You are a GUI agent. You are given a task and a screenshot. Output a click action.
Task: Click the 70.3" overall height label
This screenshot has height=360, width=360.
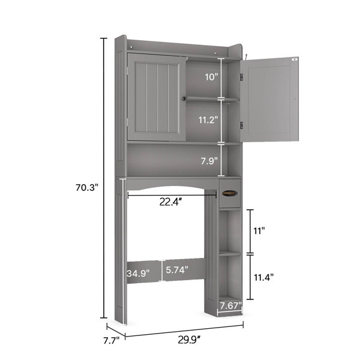[x=87, y=188]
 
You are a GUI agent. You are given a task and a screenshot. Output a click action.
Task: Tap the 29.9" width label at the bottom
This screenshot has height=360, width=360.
[x=190, y=340]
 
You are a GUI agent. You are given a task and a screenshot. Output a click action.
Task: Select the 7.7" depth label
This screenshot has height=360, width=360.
[x=111, y=340]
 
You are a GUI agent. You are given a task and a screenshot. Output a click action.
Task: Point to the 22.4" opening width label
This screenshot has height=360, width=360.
[x=171, y=202]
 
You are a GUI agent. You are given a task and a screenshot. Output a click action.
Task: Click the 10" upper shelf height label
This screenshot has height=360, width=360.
[x=211, y=77]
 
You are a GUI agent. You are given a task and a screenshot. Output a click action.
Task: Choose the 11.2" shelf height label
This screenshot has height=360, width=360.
[x=208, y=120]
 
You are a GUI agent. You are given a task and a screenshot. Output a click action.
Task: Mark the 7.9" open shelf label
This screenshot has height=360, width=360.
[x=209, y=161]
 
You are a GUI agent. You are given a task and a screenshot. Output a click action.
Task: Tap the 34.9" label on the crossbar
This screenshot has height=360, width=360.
[x=138, y=273]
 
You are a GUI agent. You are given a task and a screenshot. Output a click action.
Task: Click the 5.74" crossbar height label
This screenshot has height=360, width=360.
[x=177, y=270]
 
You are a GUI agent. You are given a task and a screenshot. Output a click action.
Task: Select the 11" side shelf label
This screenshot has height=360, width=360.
[x=259, y=231]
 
